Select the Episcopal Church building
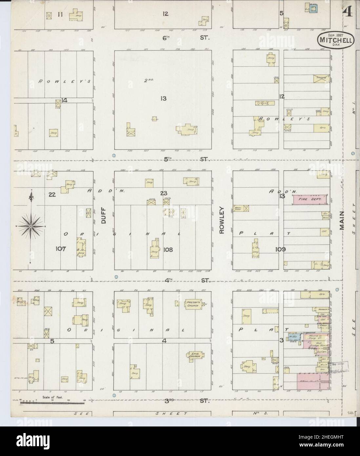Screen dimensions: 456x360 coord(194,356)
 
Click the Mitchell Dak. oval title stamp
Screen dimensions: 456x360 coord(334,40)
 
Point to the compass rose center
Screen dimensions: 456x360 coord(31,226)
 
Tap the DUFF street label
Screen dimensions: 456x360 coord(104,217)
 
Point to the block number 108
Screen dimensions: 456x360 coord(168,250)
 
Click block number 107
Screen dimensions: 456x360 coord(61,249)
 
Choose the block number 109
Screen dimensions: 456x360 coord(281,249)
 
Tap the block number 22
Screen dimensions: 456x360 coord(52,195)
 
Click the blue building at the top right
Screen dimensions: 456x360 coord(313,9)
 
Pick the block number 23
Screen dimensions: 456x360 coord(164,193)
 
